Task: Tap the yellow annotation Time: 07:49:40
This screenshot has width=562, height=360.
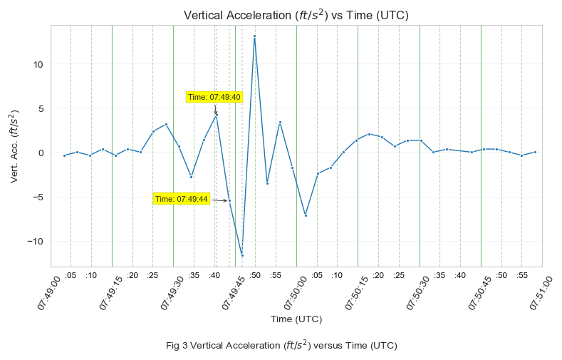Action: (x=214, y=97)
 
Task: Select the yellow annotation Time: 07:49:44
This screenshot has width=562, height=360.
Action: (x=182, y=199)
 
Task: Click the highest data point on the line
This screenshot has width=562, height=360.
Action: (x=254, y=36)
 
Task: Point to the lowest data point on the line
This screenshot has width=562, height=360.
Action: (x=242, y=255)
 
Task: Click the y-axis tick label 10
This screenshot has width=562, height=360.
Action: (x=38, y=64)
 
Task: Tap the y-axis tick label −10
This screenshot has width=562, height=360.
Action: (x=35, y=241)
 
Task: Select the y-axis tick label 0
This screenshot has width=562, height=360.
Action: (x=41, y=153)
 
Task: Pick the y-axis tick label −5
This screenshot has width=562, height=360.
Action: (x=38, y=197)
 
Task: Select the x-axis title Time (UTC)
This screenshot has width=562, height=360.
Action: (x=296, y=319)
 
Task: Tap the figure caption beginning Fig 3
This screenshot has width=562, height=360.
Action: (x=281, y=346)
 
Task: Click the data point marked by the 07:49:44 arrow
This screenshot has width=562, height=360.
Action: (x=229, y=201)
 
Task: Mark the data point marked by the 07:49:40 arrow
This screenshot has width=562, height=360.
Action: (x=217, y=115)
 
